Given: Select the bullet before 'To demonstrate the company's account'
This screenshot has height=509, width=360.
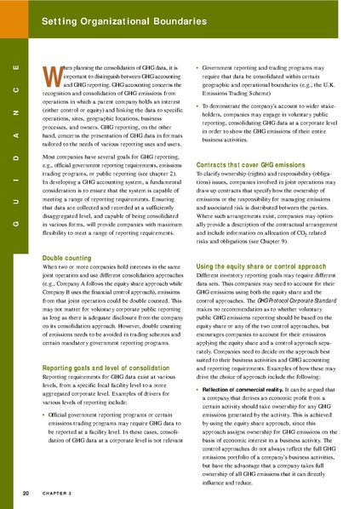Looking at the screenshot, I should [x=197, y=106].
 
